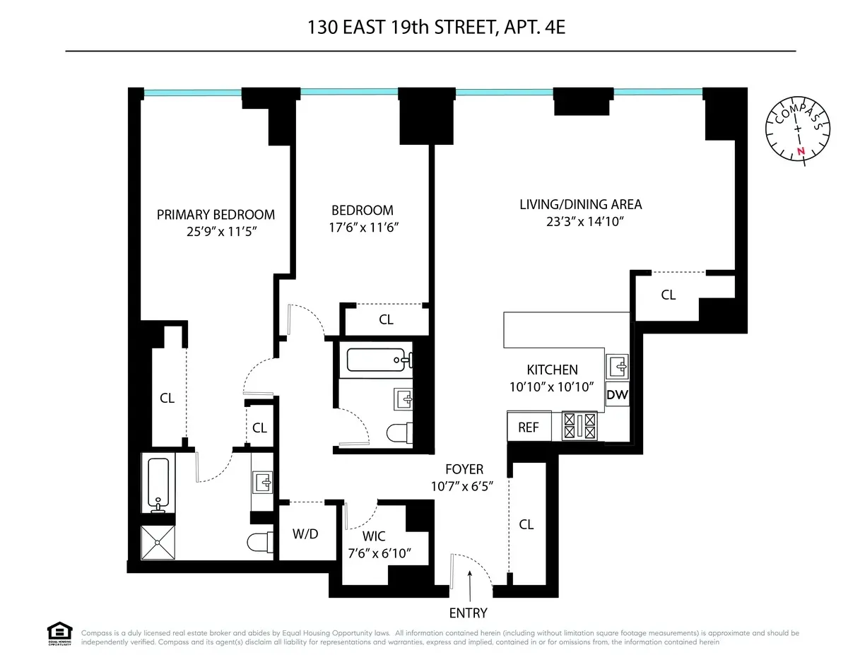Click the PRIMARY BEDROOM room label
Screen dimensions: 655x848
tap(216, 215)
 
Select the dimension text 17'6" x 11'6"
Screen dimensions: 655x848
tap(363, 228)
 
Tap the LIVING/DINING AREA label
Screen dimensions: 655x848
tap(580, 205)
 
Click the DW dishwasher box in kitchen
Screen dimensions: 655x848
tap(617, 395)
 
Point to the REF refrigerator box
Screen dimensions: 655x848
tap(529, 427)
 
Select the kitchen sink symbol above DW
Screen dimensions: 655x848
tap(618, 367)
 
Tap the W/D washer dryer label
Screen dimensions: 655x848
tap(305, 534)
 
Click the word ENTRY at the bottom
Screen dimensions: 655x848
tap(468, 613)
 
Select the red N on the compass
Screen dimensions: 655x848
tap(801, 151)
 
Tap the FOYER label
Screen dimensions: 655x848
tap(464, 469)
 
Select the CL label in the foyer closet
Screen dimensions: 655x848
tap(526, 524)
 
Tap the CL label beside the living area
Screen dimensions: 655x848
tap(668, 295)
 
